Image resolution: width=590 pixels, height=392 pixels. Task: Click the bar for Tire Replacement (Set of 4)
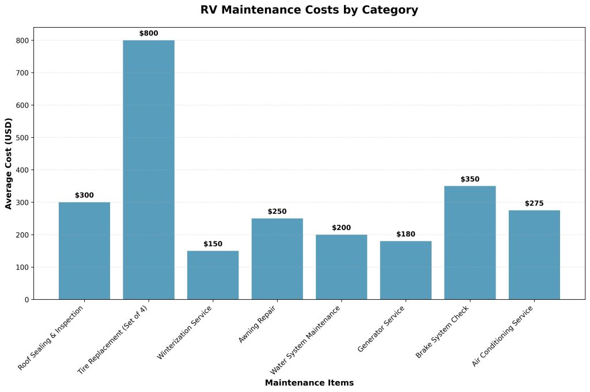(x=149, y=169)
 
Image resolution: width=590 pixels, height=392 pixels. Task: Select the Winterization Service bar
(x=213, y=275)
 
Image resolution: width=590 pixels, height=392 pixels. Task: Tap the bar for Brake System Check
(x=470, y=243)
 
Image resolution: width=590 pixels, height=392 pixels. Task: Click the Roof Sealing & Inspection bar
(x=84, y=251)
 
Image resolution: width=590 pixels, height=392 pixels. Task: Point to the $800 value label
(x=149, y=33)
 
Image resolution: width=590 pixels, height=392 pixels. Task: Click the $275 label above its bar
(x=534, y=203)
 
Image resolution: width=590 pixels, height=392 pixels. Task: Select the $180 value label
(x=406, y=234)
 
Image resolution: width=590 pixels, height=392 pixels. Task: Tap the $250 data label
(x=277, y=212)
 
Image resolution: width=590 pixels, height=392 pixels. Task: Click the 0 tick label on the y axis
(x=27, y=300)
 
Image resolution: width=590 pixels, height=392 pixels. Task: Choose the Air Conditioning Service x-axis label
(x=502, y=337)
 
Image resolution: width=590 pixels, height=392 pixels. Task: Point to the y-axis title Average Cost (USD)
(x=9, y=163)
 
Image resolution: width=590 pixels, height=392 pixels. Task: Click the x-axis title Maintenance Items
(x=309, y=383)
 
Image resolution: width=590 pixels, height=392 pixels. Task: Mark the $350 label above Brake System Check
(x=470, y=179)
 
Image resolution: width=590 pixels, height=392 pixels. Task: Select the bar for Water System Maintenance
(x=341, y=267)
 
